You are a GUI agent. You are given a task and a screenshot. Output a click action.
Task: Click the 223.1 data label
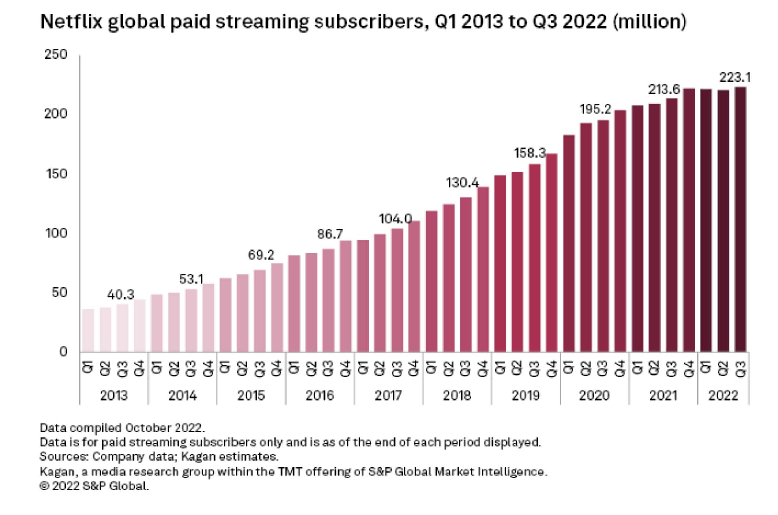pyautogui.click(x=735, y=78)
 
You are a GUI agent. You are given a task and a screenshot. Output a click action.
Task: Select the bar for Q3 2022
pyautogui.click(x=740, y=219)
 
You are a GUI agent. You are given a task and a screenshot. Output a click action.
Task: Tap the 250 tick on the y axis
pyautogui.click(x=56, y=54)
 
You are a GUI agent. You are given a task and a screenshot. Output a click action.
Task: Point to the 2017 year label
pyautogui.click(x=388, y=395)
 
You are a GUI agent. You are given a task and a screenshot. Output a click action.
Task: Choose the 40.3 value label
pyautogui.click(x=121, y=294)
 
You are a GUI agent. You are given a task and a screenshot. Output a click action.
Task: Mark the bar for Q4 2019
pyautogui.click(x=551, y=252)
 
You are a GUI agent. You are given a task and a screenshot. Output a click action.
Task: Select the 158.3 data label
pyautogui.click(x=530, y=153)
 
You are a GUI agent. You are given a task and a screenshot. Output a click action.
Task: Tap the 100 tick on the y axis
pyautogui.click(x=56, y=233)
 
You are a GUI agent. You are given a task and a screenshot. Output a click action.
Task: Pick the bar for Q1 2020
pyautogui.click(x=569, y=243)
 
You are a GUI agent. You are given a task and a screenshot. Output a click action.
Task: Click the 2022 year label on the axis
pyautogui.click(x=723, y=395)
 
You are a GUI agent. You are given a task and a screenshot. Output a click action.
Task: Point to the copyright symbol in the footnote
pyautogui.click(x=44, y=486)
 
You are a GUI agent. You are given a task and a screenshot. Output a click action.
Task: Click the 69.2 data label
pyautogui.click(x=261, y=255)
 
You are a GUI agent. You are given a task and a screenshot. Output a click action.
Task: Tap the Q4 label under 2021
pyautogui.click(x=689, y=367)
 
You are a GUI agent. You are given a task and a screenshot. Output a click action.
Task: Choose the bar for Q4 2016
pyautogui.click(x=345, y=296)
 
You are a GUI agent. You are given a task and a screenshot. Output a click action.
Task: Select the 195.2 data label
pyautogui.click(x=595, y=109)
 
